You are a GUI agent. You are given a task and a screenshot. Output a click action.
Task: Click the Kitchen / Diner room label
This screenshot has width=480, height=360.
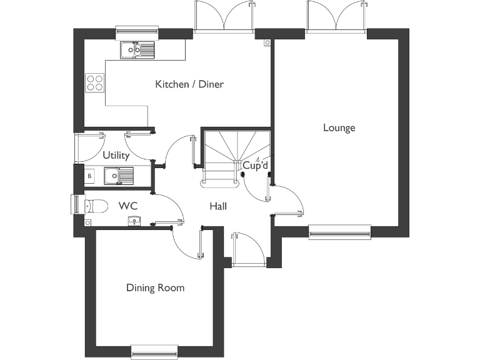189,84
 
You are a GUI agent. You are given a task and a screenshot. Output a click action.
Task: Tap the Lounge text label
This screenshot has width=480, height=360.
339,128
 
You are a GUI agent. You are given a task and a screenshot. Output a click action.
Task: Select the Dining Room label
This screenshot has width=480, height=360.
155,288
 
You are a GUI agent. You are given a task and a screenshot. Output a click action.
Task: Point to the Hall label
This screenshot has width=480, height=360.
218,206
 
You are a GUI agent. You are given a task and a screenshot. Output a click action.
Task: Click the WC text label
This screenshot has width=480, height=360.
128,206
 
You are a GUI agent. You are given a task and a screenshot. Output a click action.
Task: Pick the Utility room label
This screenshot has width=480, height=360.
116,156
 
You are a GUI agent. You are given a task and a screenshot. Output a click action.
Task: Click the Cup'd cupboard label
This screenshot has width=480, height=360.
255,166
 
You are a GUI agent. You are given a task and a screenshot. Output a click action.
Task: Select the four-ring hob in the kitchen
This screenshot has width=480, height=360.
95,82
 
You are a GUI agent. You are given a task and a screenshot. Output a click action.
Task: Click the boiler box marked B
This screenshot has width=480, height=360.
89,176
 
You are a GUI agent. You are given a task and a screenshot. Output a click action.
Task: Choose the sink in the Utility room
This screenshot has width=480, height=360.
118,176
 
